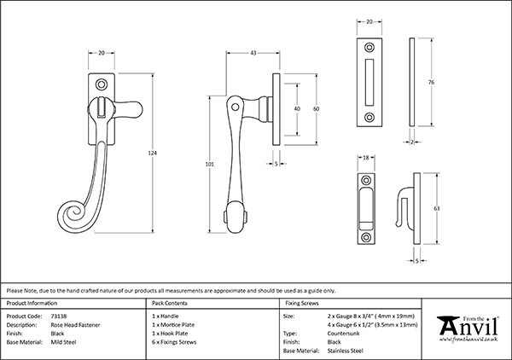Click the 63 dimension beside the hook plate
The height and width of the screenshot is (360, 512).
tap(436, 207)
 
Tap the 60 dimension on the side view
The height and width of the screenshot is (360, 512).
tap(314, 109)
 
